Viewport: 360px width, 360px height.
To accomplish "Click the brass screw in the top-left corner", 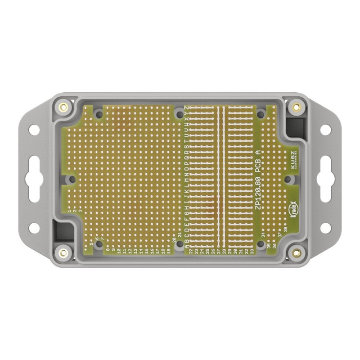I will tap(63, 107).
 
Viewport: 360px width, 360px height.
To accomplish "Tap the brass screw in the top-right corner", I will tap(296, 107).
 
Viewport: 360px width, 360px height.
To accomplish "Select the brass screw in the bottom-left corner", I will tap(63, 252).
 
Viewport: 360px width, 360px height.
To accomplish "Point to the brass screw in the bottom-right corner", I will tap(296, 252).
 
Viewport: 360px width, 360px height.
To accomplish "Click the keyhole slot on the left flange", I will tap(34, 179).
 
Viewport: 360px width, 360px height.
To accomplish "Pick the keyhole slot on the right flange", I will tap(325, 179).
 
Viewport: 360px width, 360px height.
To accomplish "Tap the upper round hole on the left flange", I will tap(34, 130).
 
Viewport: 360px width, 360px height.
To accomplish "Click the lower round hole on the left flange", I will tap(34, 228).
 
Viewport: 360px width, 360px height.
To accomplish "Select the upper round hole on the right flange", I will tap(325, 130).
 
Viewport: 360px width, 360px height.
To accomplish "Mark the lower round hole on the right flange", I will tap(325, 228).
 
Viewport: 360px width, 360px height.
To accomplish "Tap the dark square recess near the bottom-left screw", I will tap(63, 232).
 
